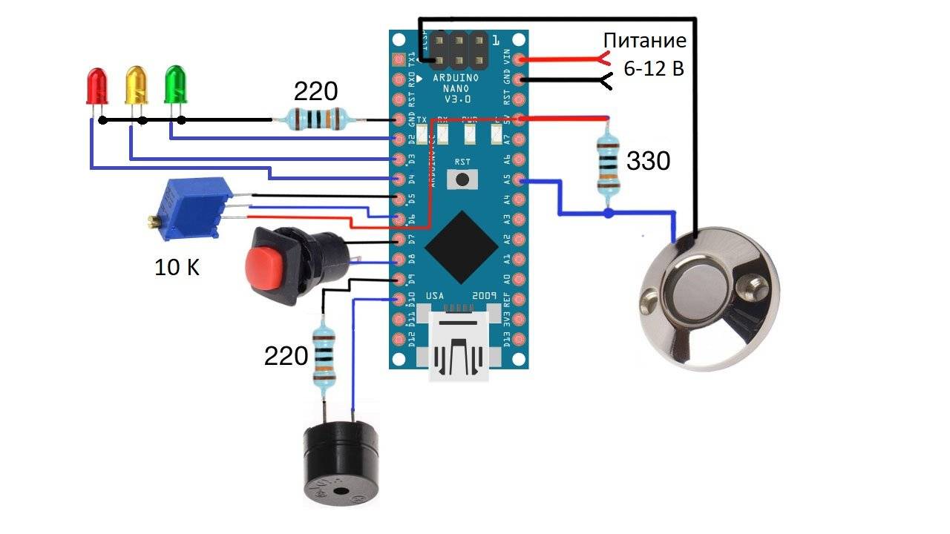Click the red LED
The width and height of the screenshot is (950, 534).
pyautogui.click(x=96, y=85)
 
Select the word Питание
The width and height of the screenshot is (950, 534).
pyautogui.click(x=644, y=40)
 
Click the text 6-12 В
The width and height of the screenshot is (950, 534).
pyautogui.click(x=653, y=69)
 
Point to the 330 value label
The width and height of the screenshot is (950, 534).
pyautogui.click(x=648, y=160)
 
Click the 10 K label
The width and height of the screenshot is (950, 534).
pyautogui.click(x=177, y=268)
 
